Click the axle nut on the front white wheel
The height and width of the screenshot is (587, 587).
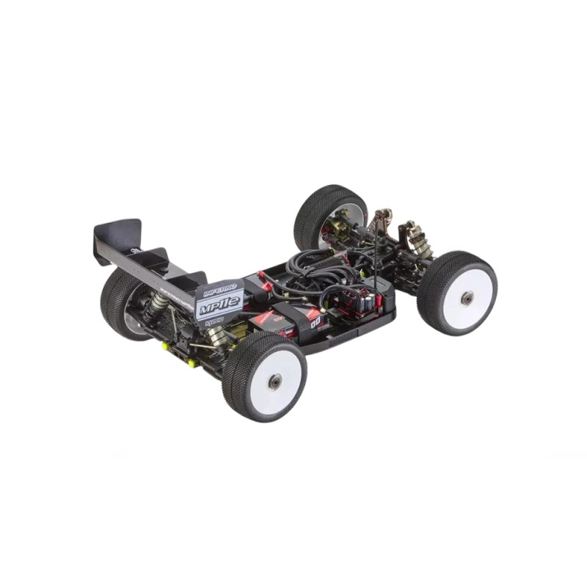click(x=467, y=297)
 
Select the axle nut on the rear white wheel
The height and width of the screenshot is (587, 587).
click(x=274, y=382)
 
